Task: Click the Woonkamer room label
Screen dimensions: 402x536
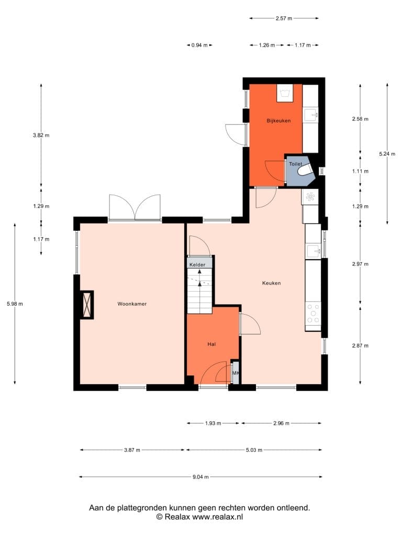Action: pyautogui.click(x=132, y=304)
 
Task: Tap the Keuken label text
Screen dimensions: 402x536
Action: pyautogui.click(x=272, y=283)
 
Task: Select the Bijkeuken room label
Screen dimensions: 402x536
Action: pyautogui.click(x=278, y=121)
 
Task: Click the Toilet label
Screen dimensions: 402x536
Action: pyautogui.click(x=296, y=164)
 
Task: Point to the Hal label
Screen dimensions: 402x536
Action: pyautogui.click(x=211, y=344)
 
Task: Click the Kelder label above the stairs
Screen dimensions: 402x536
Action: pyautogui.click(x=197, y=264)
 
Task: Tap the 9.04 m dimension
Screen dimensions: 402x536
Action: pyautogui.click(x=200, y=477)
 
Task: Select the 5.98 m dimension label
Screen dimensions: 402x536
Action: pyautogui.click(x=15, y=304)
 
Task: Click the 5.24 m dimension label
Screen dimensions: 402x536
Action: pyautogui.click(x=387, y=154)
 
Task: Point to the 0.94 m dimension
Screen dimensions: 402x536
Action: pyautogui.click(x=199, y=45)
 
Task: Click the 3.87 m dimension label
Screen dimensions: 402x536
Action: pyautogui.click(x=132, y=450)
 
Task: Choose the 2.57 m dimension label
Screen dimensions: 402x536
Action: pyautogui.click(x=284, y=18)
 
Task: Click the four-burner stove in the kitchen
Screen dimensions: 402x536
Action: pyautogui.click(x=313, y=314)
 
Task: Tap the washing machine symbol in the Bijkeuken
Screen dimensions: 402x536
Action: pyautogui.click(x=285, y=93)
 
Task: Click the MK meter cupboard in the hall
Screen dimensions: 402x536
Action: pyautogui.click(x=235, y=373)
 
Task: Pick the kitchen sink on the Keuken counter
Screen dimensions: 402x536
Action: pyautogui.click(x=314, y=252)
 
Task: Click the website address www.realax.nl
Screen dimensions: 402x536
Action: pyautogui.click(x=217, y=517)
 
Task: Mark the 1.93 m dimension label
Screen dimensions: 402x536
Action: pyautogui.click(x=213, y=423)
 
